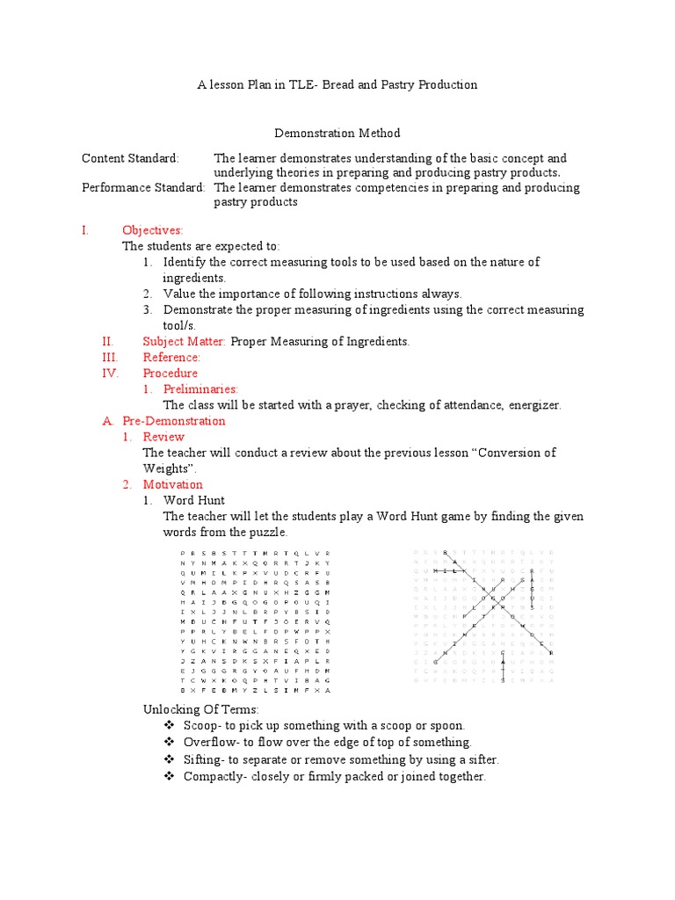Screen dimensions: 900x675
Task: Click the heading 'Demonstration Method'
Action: (337, 134)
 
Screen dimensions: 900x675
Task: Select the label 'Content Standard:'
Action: (130, 158)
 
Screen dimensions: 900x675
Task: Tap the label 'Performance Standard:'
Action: (144, 187)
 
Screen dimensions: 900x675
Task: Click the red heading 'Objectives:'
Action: (152, 230)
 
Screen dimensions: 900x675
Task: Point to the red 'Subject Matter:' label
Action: (185, 341)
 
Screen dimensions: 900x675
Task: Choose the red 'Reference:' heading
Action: (171, 357)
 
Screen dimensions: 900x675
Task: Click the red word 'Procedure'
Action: (171, 373)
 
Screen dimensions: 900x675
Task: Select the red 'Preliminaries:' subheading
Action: (200, 388)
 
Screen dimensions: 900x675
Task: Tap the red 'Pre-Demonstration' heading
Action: (174, 421)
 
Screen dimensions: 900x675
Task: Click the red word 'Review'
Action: (163, 437)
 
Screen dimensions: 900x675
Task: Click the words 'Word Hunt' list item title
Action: (194, 500)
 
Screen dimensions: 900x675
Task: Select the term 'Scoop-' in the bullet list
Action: (201, 725)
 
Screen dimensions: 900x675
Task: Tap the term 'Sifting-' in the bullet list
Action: (205, 759)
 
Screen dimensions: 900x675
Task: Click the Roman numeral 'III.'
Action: (110, 357)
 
